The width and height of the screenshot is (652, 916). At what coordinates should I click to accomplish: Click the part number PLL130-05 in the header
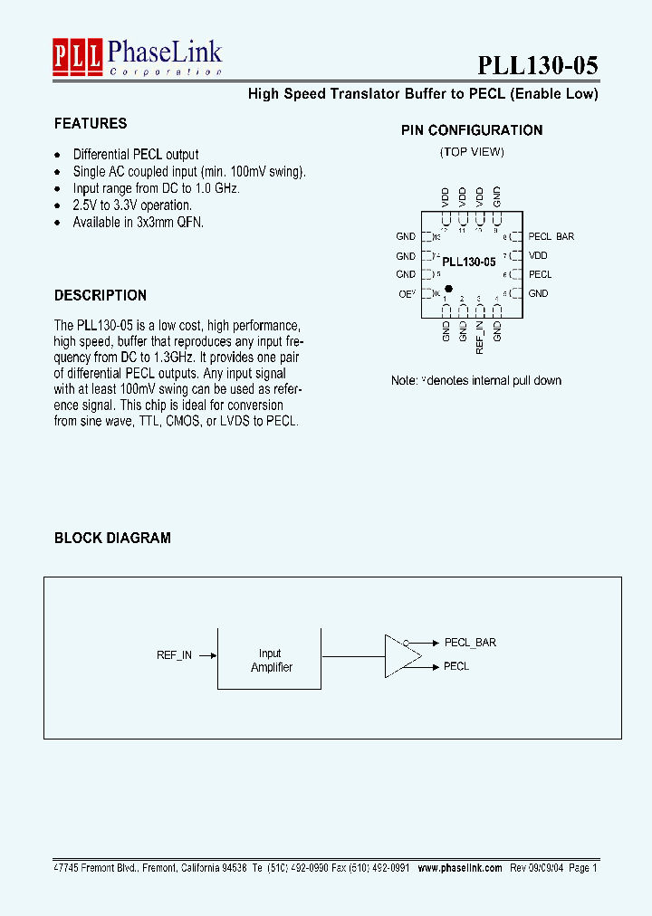(x=537, y=65)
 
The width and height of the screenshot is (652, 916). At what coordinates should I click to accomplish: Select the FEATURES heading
(x=91, y=123)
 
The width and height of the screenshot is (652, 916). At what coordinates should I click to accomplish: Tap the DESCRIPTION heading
(x=100, y=295)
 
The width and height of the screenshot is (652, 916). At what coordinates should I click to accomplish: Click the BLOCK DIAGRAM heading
(x=112, y=538)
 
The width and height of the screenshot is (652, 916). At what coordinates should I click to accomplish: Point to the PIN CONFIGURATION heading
(x=472, y=130)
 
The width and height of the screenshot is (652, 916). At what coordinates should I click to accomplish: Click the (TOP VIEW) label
(x=472, y=152)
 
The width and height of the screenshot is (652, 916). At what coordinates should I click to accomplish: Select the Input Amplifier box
(x=270, y=659)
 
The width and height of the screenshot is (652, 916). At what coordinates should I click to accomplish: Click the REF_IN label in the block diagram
(x=174, y=654)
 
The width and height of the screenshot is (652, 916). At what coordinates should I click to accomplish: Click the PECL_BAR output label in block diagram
(x=470, y=643)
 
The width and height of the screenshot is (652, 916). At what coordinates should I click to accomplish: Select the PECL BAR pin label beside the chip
(x=551, y=236)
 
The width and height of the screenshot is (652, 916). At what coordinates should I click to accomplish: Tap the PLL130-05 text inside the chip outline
(x=468, y=262)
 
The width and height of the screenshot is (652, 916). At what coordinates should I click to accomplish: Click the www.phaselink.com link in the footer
(x=460, y=867)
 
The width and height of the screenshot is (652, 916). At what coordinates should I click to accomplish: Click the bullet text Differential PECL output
(x=136, y=155)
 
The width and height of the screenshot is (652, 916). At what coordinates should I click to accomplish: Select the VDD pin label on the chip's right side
(x=538, y=255)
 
